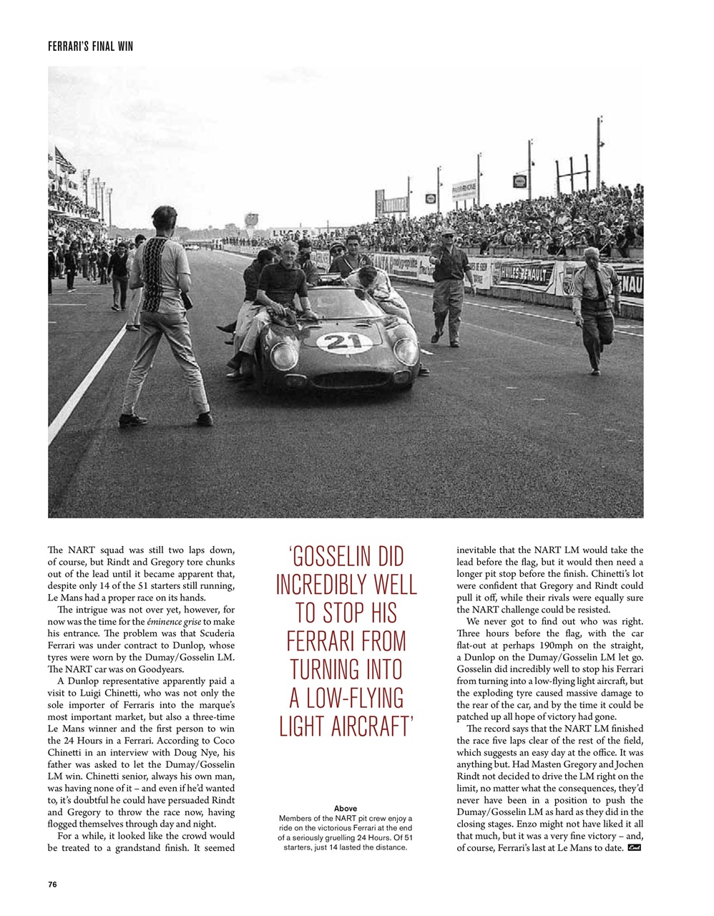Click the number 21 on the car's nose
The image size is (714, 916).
coord(342,341)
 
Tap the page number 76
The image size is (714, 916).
coord(52,884)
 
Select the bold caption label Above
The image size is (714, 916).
coord(346,808)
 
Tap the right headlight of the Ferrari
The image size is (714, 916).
coord(406,351)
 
